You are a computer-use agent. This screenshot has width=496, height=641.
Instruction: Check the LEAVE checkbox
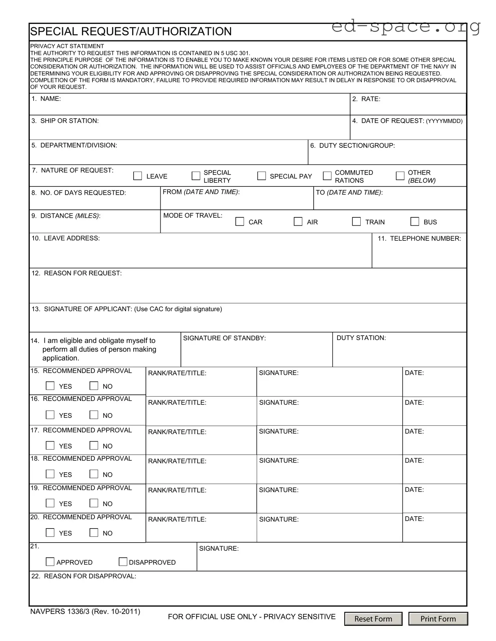coord(138,176)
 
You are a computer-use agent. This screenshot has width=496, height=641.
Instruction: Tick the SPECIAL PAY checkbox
coord(261,176)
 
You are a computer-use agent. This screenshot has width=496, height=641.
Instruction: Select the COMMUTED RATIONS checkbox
coord(327,176)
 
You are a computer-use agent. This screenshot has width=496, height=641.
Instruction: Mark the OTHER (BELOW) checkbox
coord(400,176)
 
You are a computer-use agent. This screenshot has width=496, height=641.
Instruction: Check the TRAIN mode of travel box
coord(356,221)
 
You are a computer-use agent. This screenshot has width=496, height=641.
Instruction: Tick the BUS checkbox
coord(415,221)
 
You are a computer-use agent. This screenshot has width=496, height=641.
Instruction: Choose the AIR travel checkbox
coord(298,221)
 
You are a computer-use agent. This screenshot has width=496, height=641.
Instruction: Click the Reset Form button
coord(373,619)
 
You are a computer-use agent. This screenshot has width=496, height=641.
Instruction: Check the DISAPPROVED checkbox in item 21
coord(123,562)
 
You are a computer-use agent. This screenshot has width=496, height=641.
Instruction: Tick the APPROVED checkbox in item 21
coord(50,562)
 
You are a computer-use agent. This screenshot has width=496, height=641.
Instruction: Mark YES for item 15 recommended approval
coord(50,386)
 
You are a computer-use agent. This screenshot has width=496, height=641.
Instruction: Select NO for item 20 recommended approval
coord(94,532)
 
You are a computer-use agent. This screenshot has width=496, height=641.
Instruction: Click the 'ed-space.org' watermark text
coord(406,26)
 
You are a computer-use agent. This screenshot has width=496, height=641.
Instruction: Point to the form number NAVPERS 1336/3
coord(85,611)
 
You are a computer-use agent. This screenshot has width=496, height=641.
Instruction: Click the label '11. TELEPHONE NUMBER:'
coord(419,238)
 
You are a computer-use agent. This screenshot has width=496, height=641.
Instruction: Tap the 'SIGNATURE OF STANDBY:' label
coord(224,338)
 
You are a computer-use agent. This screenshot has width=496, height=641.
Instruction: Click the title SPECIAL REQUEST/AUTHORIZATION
coord(131,32)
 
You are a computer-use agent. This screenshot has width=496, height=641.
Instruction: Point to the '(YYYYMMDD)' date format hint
coord(444,121)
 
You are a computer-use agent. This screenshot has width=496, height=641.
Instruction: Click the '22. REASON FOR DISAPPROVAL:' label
coord(84,576)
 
